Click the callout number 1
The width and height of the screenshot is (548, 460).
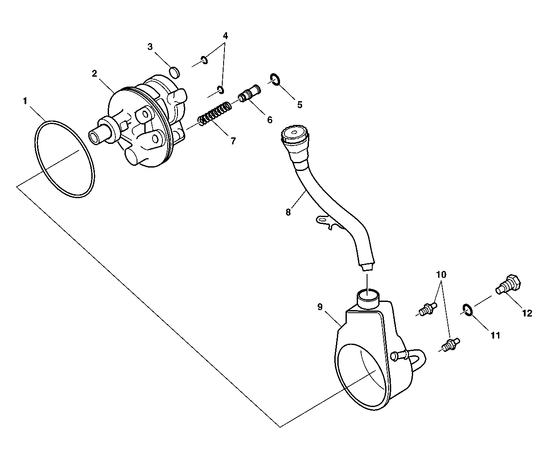coord(25,101)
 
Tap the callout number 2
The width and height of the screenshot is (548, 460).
coord(94,73)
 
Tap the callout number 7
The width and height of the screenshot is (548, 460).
coord(233,140)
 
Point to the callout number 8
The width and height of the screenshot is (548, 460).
coord(288,212)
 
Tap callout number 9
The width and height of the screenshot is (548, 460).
coord(320,307)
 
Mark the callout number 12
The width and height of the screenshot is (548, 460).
coord(527,313)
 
